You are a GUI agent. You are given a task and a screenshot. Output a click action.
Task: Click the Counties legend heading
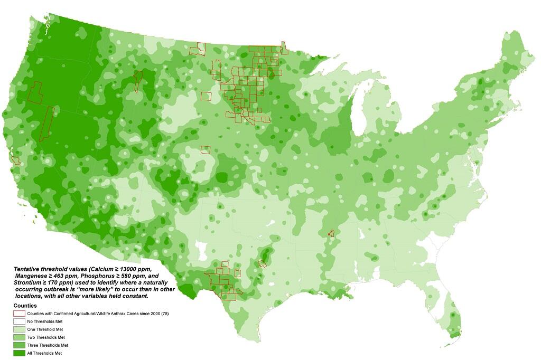pos(25,306)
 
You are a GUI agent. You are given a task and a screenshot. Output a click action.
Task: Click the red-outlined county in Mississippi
pos(331,233)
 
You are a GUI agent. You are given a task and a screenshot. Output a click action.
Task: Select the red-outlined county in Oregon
pos(35,92)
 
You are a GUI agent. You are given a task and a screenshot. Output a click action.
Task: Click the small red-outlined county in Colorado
pos(206,150)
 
